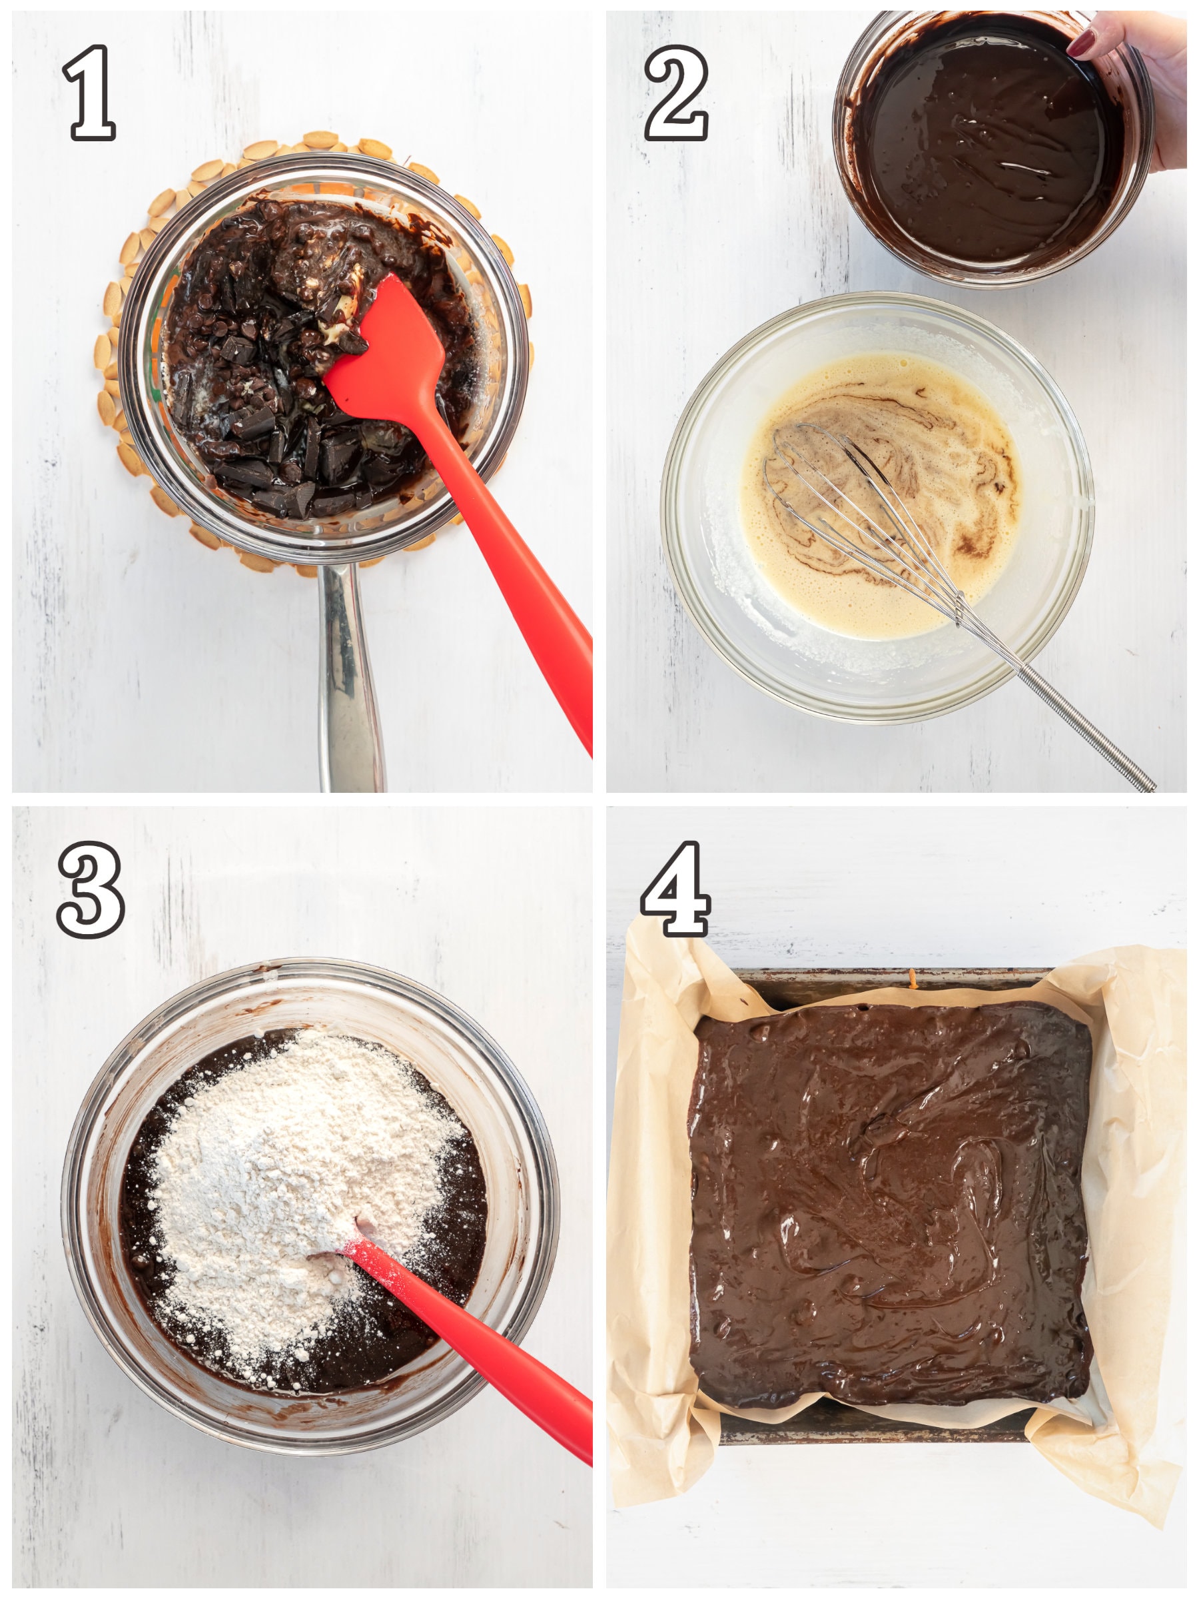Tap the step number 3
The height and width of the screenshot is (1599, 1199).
(91, 889)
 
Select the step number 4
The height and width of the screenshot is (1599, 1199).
(675, 889)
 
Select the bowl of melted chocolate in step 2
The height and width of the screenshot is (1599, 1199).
(990, 148)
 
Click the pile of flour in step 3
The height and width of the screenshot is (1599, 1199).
(304, 1185)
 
